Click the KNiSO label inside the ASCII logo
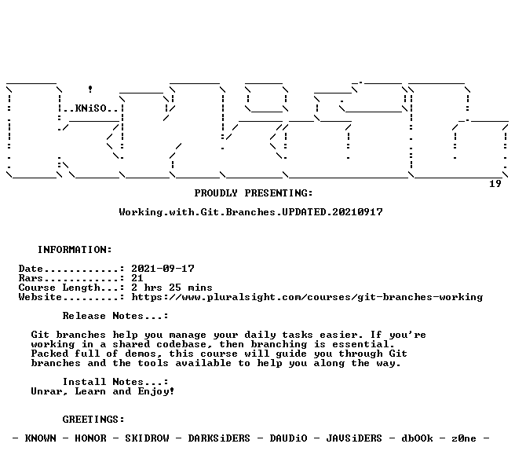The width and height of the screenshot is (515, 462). pyautogui.click(x=90, y=108)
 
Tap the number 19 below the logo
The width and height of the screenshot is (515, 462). pyautogui.click(x=495, y=184)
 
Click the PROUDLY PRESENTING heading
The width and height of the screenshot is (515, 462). pyautogui.click(x=254, y=193)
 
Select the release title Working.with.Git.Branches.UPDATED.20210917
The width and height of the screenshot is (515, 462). pyautogui.click(x=251, y=212)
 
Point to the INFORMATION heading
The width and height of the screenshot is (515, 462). pyautogui.click(x=75, y=250)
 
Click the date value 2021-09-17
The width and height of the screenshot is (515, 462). pyautogui.click(x=163, y=269)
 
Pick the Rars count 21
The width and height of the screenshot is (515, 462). pyautogui.click(x=137, y=278)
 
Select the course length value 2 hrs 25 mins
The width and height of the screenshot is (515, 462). pyautogui.click(x=172, y=288)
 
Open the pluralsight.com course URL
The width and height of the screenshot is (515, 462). pyautogui.click(x=307, y=297)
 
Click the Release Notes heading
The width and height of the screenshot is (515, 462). pyautogui.click(x=115, y=316)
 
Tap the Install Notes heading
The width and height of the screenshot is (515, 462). pyautogui.click(x=115, y=382)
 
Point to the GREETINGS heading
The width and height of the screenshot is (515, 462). pyautogui.click(x=93, y=420)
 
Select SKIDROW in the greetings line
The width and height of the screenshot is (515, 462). pyautogui.click(x=147, y=438)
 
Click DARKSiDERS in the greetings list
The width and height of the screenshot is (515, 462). pyautogui.click(x=219, y=438)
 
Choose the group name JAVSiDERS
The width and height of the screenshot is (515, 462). pyautogui.click(x=354, y=438)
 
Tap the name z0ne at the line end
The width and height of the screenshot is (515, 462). pyautogui.click(x=464, y=438)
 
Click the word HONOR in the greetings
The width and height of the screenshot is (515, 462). pyautogui.click(x=90, y=438)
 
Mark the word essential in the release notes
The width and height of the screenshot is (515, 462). pyautogui.click(x=363, y=344)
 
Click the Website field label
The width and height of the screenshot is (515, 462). pyautogui.click(x=40, y=297)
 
